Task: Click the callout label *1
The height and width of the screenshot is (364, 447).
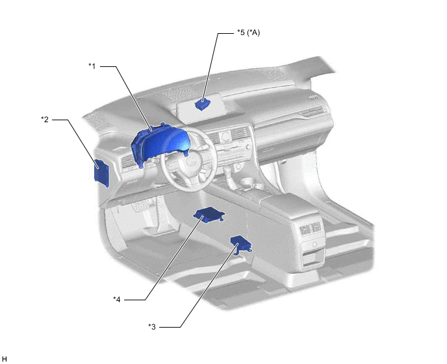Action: coord(92,66)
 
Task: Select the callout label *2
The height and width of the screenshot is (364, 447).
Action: coord(45,119)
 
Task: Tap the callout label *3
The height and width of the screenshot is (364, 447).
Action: coord(152,327)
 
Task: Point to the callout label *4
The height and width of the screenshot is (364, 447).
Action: coord(116,299)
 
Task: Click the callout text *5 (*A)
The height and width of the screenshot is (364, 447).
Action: coord(248,32)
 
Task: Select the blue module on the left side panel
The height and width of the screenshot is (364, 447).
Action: coord(101,173)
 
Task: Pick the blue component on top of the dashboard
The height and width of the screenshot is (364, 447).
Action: coord(203,104)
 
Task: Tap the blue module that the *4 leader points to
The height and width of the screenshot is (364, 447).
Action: coord(209,214)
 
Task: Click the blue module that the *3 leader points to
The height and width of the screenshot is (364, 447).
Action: coord(241,245)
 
